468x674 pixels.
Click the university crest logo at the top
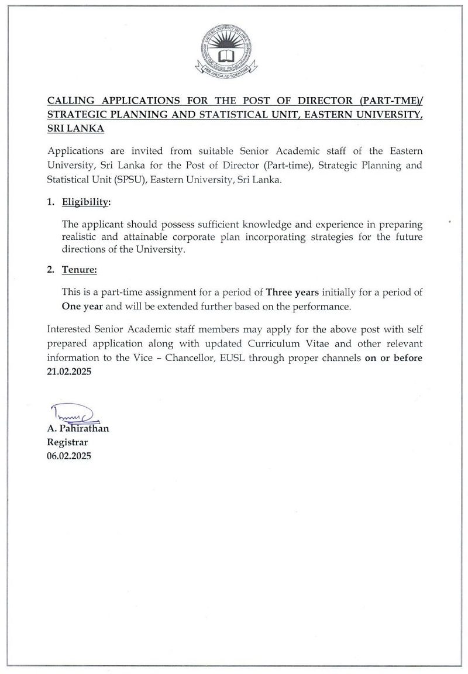(x=225, y=51)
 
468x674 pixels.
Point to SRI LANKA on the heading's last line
(x=75, y=128)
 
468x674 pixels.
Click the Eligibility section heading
(x=86, y=202)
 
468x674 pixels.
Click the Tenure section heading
(x=80, y=270)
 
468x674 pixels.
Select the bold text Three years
(x=292, y=292)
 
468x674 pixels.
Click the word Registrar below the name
(x=67, y=442)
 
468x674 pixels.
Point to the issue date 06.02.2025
(x=69, y=455)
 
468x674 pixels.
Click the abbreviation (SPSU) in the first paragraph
(x=130, y=180)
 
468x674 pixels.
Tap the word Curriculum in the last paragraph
(x=275, y=344)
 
